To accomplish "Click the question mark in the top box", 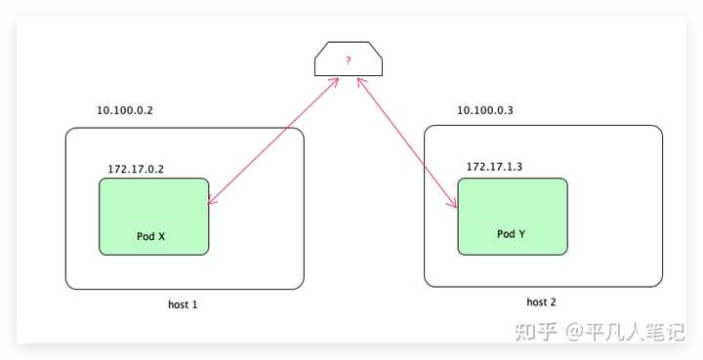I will (348, 60).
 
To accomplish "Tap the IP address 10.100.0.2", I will (125, 111).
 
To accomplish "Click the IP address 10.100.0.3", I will (485, 110).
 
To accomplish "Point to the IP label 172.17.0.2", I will (136, 169).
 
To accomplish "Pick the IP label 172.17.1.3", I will (494, 167).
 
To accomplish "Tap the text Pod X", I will (150, 236).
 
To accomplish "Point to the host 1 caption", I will (183, 304).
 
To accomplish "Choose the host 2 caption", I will (541, 302).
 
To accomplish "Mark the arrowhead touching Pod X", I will (212, 201).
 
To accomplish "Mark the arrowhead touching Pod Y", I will (454, 204).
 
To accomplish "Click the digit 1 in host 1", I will (195, 304).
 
